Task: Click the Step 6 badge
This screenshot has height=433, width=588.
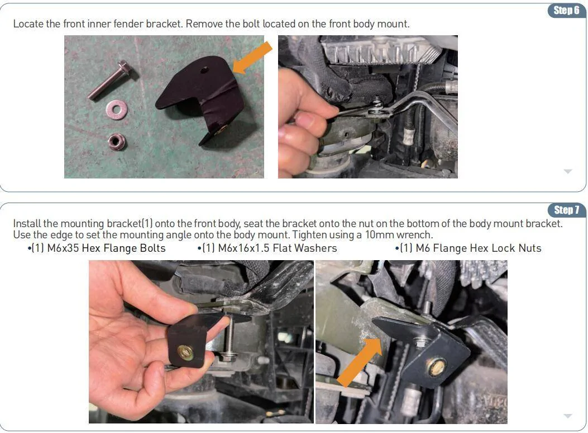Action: click(x=567, y=11)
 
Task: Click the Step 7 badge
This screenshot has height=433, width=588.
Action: click(x=567, y=210)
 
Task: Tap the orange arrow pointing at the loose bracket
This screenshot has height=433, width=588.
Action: click(x=252, y=58)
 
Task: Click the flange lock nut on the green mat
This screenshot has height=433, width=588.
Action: click(x=117, y=142)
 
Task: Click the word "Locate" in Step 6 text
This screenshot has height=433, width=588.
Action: click(x=28, y=24)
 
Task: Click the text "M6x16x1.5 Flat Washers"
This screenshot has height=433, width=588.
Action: click(x=269, y=248)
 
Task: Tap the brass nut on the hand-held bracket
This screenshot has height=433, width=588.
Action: click(x=185, y=352)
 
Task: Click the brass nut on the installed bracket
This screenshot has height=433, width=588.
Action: click(x=437, y=367)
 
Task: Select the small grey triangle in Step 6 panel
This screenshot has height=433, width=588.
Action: click(x=568, y=172)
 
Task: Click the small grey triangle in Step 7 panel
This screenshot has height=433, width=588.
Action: click(x=568, y=416)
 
